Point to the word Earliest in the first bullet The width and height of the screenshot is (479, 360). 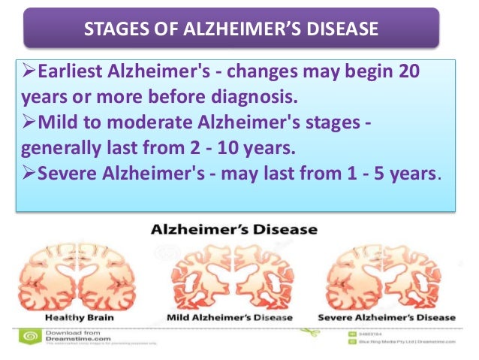click(68, 73)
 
